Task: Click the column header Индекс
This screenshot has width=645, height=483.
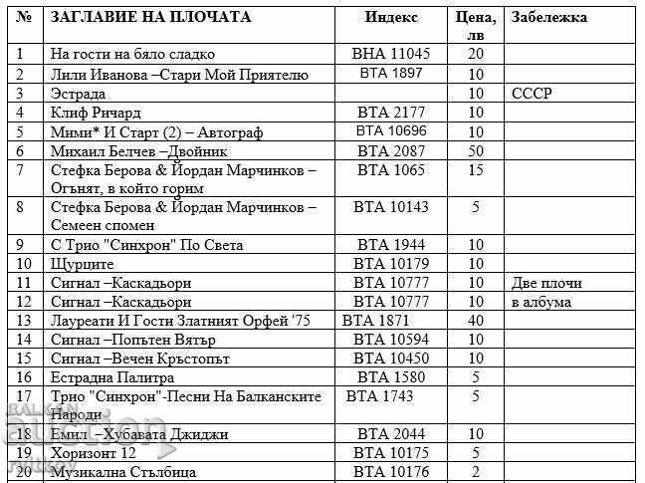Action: [x=391, y=17]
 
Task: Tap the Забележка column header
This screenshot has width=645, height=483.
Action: [x=548, y=17]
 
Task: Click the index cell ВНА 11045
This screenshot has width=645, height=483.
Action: [x=391, y=54]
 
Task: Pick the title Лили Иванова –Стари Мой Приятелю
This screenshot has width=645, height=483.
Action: [x=179, y=74]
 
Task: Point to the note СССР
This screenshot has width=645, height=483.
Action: [x=532, y=93]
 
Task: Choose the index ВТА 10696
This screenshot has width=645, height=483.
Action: [x=391, y=131]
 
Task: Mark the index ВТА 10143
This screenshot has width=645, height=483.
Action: [x=391, y=207]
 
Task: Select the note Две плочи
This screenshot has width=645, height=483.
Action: [x=546, y=283]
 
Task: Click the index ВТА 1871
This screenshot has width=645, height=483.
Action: [x=375, y=321]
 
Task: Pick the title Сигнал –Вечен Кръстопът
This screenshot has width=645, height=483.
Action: [x=139, y=359]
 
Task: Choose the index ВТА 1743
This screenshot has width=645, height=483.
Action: [x=379, y=396]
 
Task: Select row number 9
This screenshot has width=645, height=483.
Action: [x=23, y=245]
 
